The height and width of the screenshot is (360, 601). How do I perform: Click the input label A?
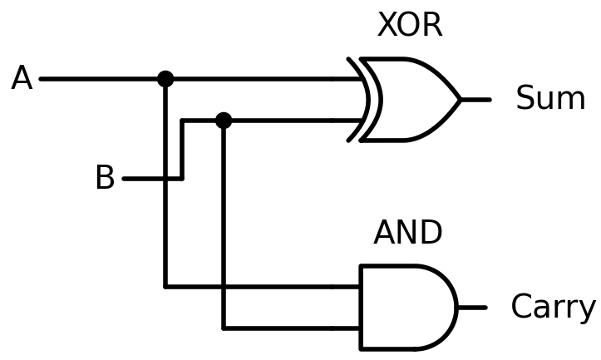[22, 79]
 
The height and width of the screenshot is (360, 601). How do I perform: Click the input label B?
[105, 178]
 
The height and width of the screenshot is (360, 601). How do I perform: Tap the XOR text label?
[410, 26]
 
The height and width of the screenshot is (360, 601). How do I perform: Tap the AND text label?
[407, 234]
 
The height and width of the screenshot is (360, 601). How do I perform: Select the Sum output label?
[550, 99]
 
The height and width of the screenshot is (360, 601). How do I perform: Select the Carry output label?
[553, 307]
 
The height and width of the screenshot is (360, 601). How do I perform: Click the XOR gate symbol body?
[411, 100]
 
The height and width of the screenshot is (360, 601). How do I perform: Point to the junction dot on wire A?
[165, 79]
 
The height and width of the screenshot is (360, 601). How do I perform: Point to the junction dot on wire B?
[224, 121]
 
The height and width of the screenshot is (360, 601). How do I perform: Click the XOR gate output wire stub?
[475, 100]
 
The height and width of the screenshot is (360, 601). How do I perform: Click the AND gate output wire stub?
[471, 308]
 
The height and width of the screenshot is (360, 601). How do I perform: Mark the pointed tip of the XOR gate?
[460, 100]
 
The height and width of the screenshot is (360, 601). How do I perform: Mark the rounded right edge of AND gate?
[455, 308]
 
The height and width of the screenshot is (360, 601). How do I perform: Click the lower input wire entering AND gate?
[291, 328]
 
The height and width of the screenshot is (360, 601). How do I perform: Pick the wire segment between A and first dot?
[100, 79]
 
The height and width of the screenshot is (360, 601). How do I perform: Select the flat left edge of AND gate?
[361, 308]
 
